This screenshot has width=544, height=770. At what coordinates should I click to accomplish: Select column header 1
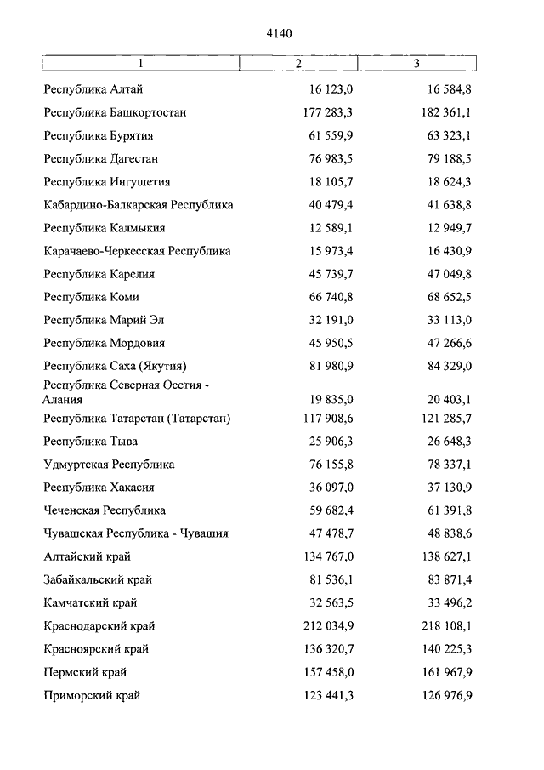pyautogui.click(x=141, y=64)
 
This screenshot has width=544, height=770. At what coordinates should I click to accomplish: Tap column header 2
pyautogui.click(x=298, y=64)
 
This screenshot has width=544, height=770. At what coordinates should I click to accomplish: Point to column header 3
pyautogui.click(x=416, y=64)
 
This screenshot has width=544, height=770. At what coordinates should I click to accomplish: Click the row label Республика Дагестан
pyautogui.click(x=100, y=158)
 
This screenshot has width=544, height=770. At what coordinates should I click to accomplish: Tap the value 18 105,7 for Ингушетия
pyautogui.click(x=331, y=181)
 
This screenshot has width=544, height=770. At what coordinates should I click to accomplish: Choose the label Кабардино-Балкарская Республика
pyautogui.click(x=139, y=205)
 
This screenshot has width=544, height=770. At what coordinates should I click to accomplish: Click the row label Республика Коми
pyautogui.click(x=91, y=297)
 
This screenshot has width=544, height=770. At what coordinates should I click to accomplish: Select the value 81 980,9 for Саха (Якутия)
pyautogui.click(x=331, y=366)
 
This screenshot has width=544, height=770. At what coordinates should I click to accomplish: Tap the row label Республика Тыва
pyautogui.click(x=90, y=442)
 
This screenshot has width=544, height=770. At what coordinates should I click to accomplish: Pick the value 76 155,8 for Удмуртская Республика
pyautogui.click(x=331, y=465)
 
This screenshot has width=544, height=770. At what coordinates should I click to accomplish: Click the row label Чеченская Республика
pyautogui.click(x=105, y=510)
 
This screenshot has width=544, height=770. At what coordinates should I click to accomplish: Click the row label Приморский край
pyautogui.click(x=92, y=695)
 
